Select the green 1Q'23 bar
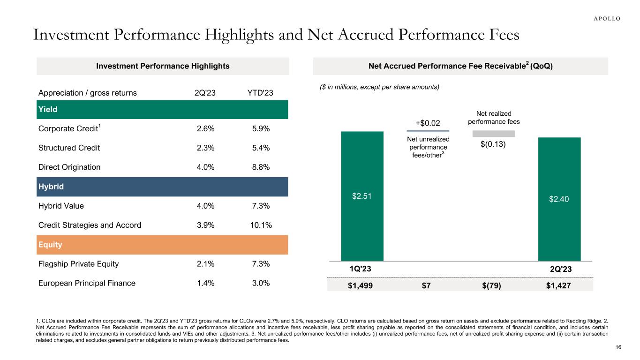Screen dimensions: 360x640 [362, 196]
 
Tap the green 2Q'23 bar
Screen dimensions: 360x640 [559, 199]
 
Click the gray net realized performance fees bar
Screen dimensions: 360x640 [493, 134]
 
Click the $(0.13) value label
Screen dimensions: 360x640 [493, 144]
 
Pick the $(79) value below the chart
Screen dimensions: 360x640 [492, 285]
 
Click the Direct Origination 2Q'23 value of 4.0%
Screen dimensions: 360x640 [204, 167]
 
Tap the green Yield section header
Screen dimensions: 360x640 [162, 109]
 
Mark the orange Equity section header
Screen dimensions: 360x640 [162, 245]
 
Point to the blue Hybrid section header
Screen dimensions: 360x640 [162, 187]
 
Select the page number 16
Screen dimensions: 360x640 [618, 347]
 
